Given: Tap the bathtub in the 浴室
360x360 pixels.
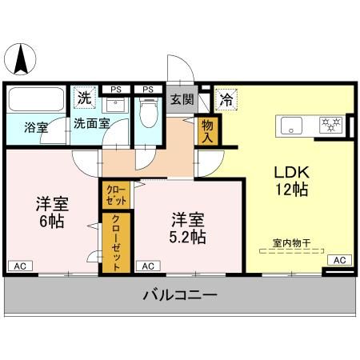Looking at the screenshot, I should pos(36,102).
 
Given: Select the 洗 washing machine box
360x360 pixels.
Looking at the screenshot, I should pos(84,98).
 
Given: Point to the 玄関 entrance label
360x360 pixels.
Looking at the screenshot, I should pos(181,100).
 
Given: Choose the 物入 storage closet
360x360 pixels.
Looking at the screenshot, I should pos(208,130).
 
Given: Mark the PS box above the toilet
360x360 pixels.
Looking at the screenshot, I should pos(147,89).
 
